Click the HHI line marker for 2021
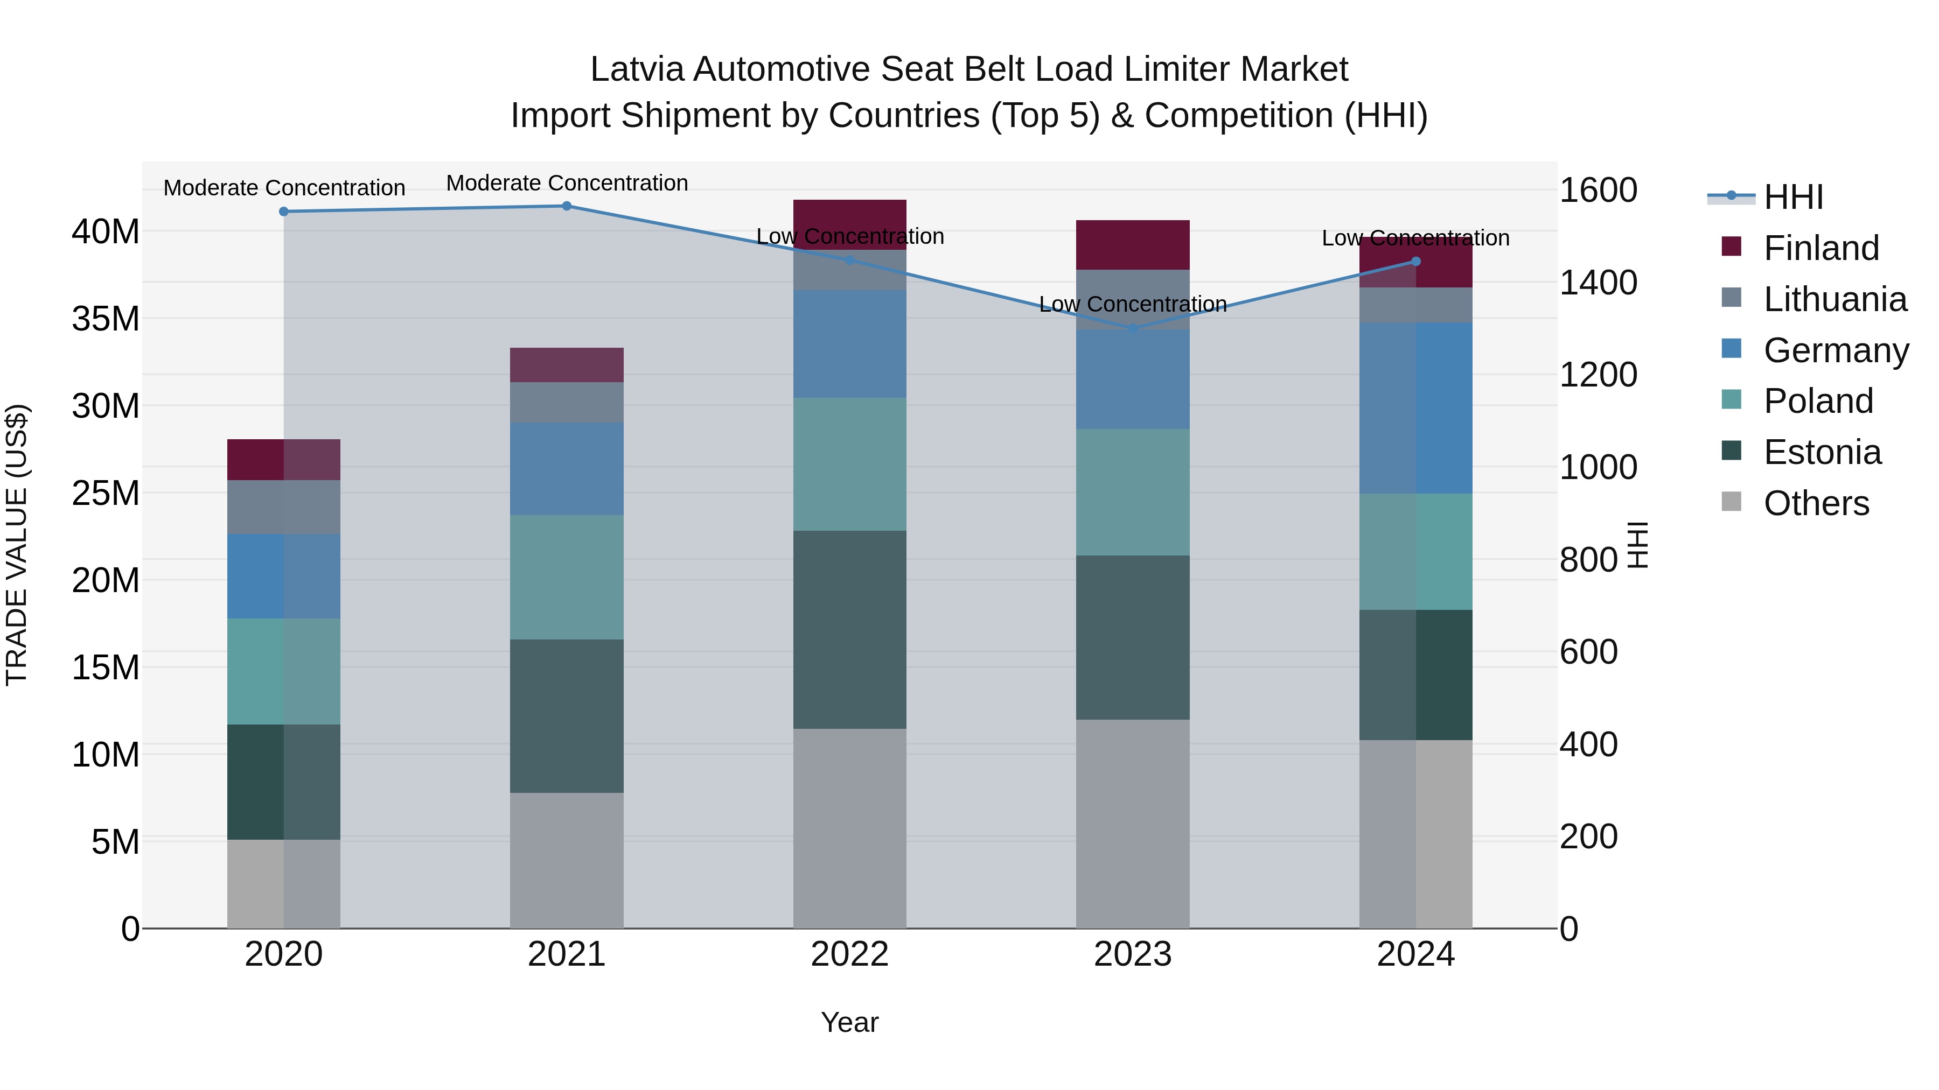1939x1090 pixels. [567, 206]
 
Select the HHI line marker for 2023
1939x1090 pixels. [1133, 329]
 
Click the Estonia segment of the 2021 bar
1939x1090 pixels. [567, 715]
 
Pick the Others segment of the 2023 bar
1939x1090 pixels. [1133, 823]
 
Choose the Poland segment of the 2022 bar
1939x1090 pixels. [850, 464]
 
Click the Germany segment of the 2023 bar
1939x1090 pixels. [1133, 379]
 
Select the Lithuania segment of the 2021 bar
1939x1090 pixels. [567, 403]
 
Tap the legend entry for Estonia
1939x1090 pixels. [1822, 452]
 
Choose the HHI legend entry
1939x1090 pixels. [1792, 197]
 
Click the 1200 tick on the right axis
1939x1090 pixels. [1598, 375]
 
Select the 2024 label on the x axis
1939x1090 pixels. [1415, 954]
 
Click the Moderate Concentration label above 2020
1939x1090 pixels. [284, 188]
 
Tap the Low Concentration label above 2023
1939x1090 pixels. [1133, 304]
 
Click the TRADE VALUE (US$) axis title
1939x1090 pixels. [17, 545]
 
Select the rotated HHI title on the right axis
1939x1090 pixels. [1638, 545]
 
